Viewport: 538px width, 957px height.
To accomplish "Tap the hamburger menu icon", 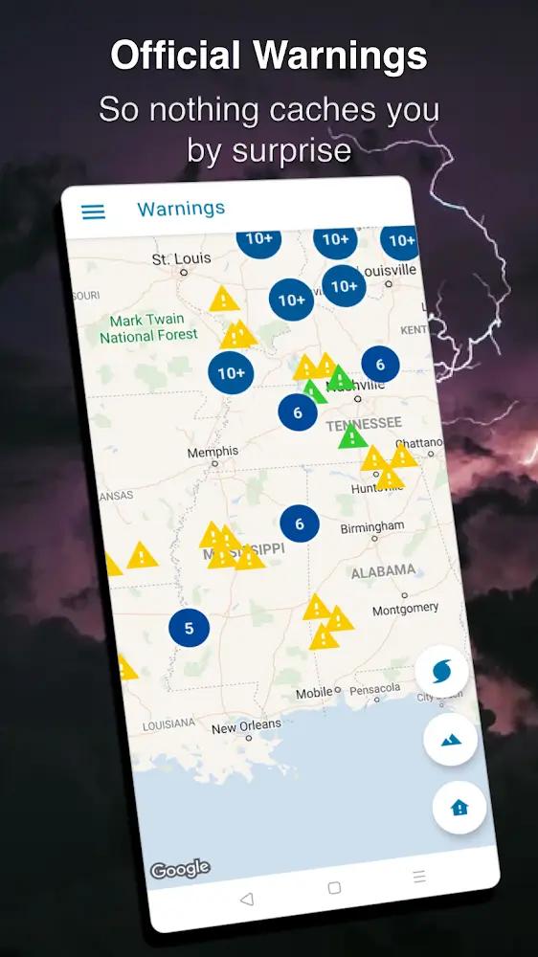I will pos(94,211).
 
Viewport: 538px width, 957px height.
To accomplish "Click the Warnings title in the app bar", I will pos(181,209).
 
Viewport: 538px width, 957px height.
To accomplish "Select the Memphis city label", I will pos(213,452).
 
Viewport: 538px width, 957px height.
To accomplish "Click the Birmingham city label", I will pos(372,527).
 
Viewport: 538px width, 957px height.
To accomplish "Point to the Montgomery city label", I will pos(405,609).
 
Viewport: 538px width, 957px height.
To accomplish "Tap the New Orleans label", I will pos(246,726).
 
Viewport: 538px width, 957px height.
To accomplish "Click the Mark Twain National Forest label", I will pos(148,328).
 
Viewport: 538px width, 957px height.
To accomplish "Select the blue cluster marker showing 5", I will pos(189,628).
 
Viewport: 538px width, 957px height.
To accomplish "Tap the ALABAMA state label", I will pos(383,571).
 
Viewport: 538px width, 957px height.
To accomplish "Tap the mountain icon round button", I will pos(450,740).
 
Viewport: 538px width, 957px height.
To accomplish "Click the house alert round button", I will pos(460,808).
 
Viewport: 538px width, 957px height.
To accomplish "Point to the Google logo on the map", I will pos(180,869).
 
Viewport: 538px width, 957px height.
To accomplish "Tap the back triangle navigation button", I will pos(247,899).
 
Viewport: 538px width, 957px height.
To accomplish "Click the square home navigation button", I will pos(334,888).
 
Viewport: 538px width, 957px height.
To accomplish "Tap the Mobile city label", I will pos(313,693).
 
